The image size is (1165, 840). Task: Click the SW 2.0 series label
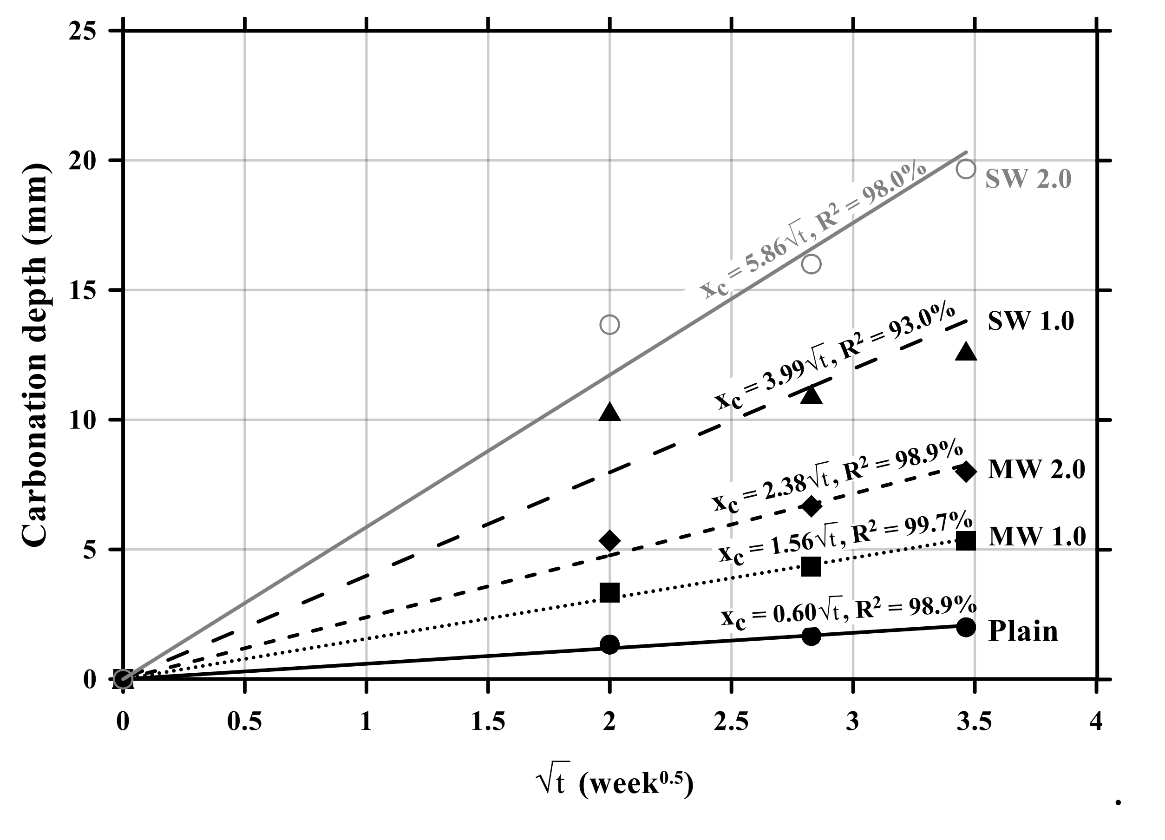pyautogui.click(x=1028, y=179)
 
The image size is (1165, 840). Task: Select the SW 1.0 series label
pyautogui.click(x=1031, y=321)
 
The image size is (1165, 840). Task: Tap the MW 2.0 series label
pyautogui.click(x=1036, y=469)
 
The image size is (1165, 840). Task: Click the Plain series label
pyautogui.click(x=1023, y=631)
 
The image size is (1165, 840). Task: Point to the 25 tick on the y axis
pyautogui.click(x=82, y=32)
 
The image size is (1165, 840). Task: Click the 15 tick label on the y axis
pyautogui.click(x=82, y=291)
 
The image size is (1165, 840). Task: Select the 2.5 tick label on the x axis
pyautogui.click(x=731, y=722)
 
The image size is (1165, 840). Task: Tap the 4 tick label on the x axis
pyautogui.click(x=1096, y=722)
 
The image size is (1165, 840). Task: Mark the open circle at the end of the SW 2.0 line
pyautogui.click(x=966, y=169)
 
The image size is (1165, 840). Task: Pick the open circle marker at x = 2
pyautogui.click(x=609, y=325)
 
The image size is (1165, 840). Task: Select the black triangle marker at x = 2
pyautogui.click(x=609, y=412)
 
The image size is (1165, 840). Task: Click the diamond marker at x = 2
pyautogui.click(x=610, y=540)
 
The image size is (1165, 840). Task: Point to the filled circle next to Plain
pyautogui.click(x=966, y=627)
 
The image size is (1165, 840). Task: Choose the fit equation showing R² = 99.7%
pyautogui.click(x=845, y=537)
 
